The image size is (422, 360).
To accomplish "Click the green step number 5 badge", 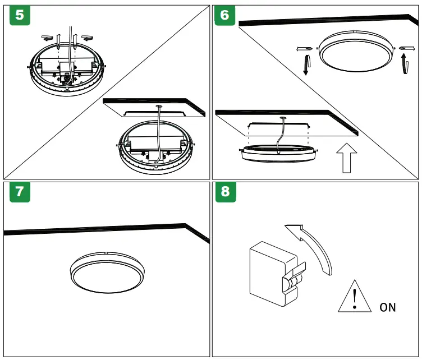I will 20,15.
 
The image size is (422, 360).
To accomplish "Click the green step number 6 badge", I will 225,15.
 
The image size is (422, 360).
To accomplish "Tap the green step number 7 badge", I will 20,192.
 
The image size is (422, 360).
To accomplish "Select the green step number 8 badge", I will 225,192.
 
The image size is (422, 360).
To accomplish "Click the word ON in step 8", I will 387,307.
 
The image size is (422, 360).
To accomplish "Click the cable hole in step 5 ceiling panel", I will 158,105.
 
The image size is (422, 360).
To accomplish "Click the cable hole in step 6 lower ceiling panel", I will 281,118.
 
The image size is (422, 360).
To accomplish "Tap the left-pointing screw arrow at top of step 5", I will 48,38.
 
